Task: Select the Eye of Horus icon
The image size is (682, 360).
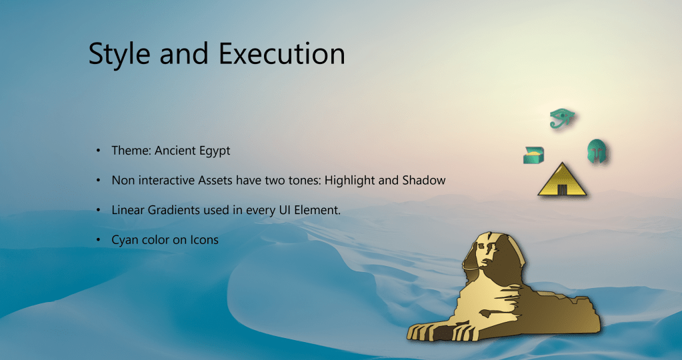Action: tap(562, 118)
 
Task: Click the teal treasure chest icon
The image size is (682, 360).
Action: tap(534, 155)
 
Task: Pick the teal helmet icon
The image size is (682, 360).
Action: tap(596, 151)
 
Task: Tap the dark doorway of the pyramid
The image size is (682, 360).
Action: tap(563, 189)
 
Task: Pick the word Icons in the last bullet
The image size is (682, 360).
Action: tap(204, 240)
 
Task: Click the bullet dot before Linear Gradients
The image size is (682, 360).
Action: tap(98, 210)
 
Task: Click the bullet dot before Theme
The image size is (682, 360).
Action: tap(98, 151)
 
